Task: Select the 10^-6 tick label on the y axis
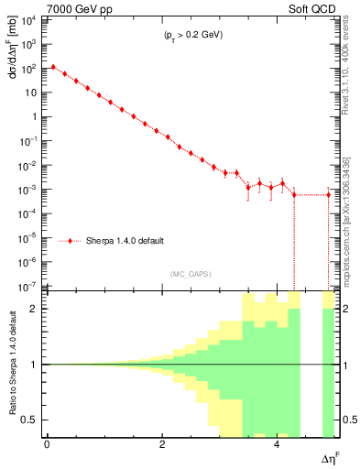(x=28, y=262)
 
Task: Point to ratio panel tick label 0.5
(x=34, y=420)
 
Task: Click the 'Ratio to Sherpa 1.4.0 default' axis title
(x=13, y=364)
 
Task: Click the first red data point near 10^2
(x=53, y=67)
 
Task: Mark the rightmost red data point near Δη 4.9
(x=328, y=194)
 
